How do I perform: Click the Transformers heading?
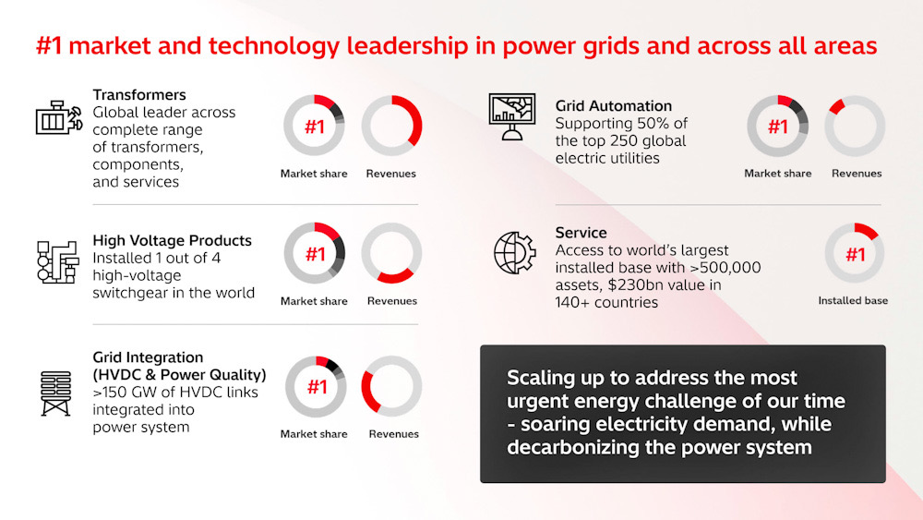139,95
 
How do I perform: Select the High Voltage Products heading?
172,240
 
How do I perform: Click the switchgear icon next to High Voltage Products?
57,262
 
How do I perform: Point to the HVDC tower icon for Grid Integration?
56,393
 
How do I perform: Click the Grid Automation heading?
614,106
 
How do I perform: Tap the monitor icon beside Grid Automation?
512,116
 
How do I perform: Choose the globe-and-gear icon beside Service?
514,253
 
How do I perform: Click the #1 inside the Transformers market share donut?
315,127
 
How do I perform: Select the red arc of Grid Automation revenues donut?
836,106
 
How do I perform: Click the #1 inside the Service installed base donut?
855,255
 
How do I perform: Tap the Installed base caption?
853,300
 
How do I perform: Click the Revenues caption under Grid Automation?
857,173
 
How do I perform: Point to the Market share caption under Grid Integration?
314,434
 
